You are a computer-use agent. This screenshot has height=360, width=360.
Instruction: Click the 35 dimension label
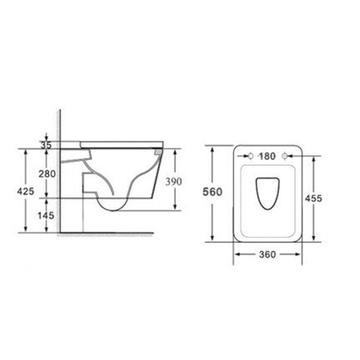[46, 145]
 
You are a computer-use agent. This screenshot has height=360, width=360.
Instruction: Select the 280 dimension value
[47, 173]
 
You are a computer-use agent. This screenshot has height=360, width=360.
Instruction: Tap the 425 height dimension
[25, 191]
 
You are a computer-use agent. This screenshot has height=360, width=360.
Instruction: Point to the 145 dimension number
[46, 215]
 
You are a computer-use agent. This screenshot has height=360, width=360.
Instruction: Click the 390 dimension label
[173, 181]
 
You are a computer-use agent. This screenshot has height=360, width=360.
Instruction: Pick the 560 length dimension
[212, 192]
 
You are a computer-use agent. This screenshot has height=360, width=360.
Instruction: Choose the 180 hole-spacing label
[267, 156]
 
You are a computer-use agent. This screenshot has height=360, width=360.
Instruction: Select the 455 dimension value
[313, 199]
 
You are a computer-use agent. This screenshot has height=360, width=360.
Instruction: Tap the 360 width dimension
[267, 254]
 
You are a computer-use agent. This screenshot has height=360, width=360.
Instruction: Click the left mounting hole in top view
[250, 156]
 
